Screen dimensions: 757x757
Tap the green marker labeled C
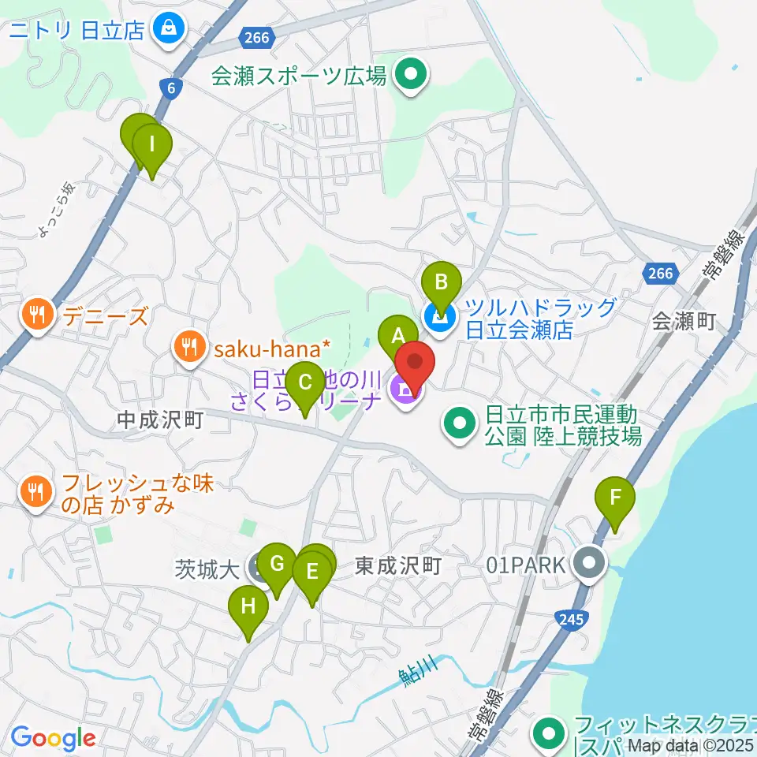coord(304,386)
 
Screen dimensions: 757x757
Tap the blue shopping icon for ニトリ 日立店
coord(169,29)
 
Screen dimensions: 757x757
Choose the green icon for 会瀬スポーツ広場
coord(410,76)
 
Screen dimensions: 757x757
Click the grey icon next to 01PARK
coord(589,565)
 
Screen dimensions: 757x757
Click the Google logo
coord(53,739)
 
